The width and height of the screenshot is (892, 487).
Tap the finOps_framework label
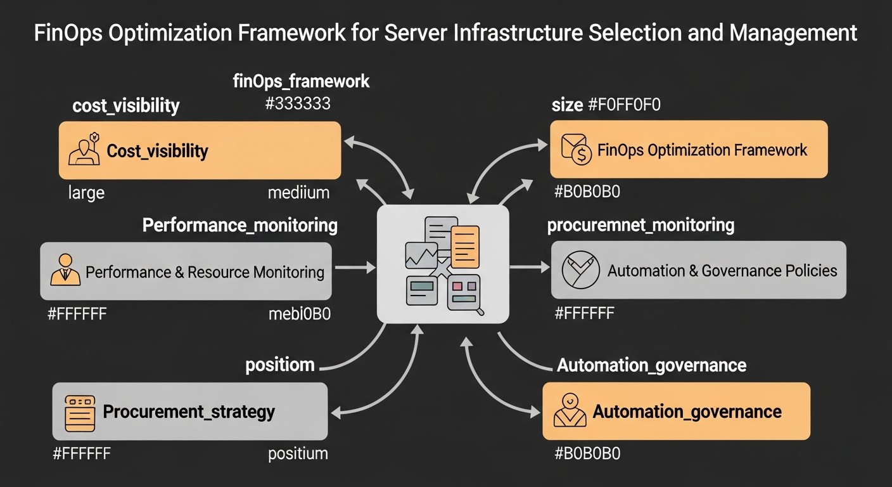click(x=302, y=81)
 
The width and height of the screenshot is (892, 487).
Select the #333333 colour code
click(x=298, y=103)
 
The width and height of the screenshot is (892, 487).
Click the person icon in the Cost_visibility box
click(x=84, y=150)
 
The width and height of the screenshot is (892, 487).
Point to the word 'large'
click(x=86, y=193)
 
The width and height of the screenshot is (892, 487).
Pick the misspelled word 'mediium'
click(x=298, y=193)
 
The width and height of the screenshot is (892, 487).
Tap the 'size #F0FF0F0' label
click(x=606, y=105)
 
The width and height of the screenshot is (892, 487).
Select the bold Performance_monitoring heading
click(x=239, y=225)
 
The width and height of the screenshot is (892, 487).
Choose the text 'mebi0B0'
click(x=299, y=313)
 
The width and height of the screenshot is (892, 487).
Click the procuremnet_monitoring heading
click(x=640, y=225)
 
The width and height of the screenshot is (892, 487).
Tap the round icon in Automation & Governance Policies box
click(x=580, y=270)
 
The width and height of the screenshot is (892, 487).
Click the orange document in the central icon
click(x=466, y=247)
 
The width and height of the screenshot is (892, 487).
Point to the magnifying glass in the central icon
click(x=479, y=309)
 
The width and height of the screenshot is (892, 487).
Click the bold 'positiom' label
click(x=280, y=365)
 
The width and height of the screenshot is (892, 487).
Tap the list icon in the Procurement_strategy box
click(x=80, y=413)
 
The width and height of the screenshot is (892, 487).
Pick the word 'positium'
click(x=298, y=453)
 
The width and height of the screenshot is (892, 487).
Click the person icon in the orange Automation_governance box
click(x=570, y=410)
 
